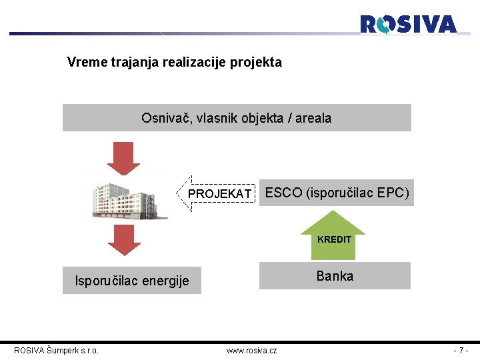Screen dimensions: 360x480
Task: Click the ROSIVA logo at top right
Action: (408, 25)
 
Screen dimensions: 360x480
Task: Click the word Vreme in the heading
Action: (85, 63)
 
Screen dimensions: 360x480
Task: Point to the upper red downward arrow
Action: (124, 158)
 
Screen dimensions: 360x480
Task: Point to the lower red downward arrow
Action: (124, 240)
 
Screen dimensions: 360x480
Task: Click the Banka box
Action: (335, 276)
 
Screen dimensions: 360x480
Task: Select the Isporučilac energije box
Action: (131, 281)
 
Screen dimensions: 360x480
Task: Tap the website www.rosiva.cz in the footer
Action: (251, 350)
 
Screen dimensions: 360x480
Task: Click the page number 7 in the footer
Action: (461, 350)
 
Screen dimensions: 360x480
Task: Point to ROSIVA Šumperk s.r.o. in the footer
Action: (57, 350)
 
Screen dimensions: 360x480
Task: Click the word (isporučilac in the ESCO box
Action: (339, 193)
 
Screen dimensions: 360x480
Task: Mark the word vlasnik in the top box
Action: (215, 119)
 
